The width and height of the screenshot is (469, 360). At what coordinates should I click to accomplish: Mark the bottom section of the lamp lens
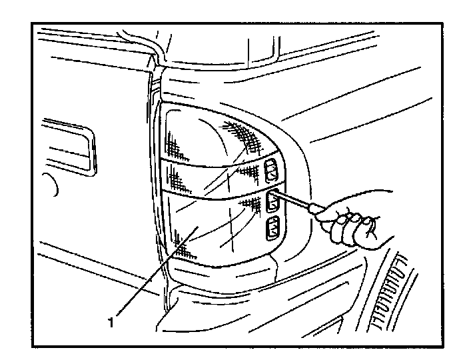tap(207, 230)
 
